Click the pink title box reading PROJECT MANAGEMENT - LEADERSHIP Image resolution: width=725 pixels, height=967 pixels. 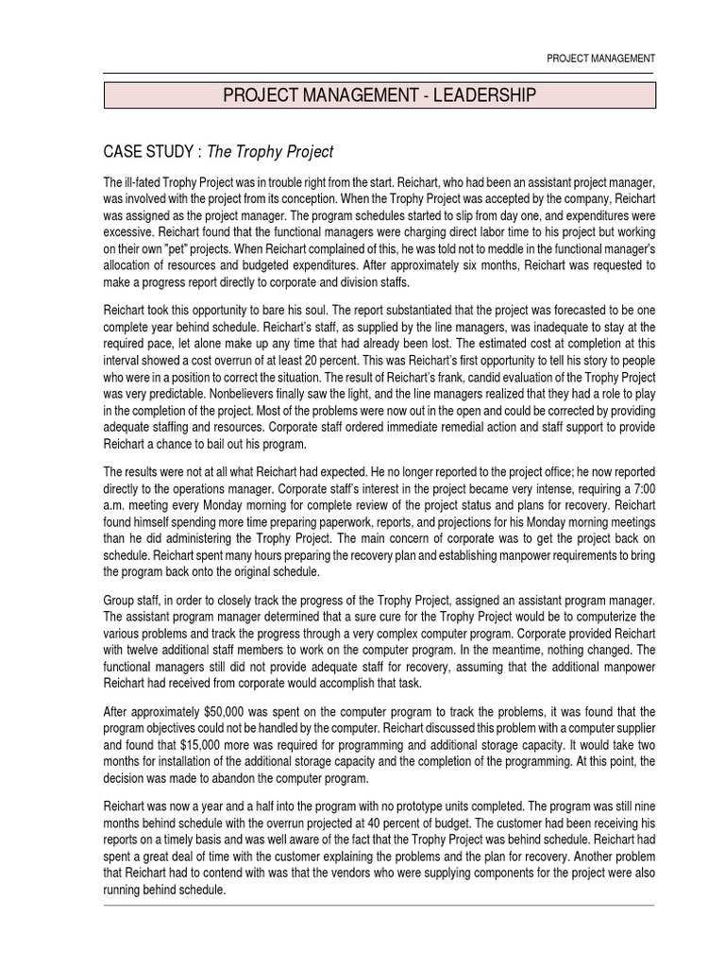pos(379,94)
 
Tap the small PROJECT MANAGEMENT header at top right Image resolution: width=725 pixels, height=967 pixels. pos(601,59)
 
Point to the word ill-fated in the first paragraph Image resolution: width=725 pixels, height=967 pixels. pos(140,181)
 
